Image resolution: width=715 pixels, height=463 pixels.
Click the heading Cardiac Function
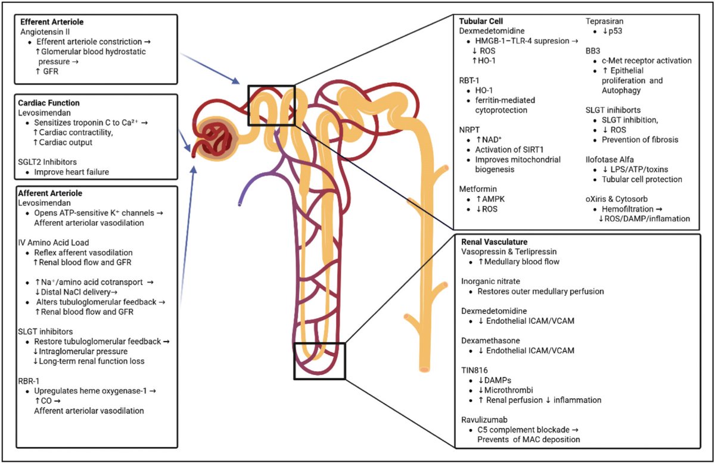click(49, 103)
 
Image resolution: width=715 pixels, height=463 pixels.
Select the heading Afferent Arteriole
click(51, 193)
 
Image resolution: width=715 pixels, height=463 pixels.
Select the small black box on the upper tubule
click(272, 105)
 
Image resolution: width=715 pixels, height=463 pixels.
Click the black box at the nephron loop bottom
click(319, 361)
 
